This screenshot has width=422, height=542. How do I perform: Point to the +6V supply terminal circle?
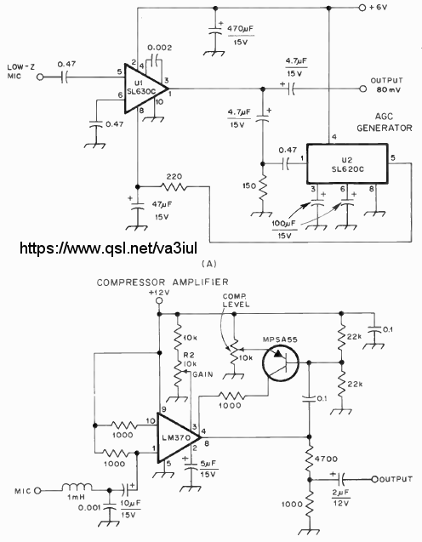pos(362,8)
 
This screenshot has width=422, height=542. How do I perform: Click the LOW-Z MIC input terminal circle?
pos(41,77)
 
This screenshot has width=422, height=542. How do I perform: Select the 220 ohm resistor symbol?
pos(174,187)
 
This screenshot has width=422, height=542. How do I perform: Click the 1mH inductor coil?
pos(77,488)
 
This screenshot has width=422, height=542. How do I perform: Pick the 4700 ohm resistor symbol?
pos(310,458)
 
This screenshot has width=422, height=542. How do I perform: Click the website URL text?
pos(108,248)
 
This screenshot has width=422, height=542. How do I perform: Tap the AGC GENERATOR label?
pos(385,123)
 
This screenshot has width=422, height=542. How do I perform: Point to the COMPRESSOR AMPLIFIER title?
pos(163,282)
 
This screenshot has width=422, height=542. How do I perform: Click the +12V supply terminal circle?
pos(159,300)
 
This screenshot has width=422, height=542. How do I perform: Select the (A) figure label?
pos(208,264)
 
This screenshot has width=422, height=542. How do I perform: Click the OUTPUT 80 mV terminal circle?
pos(362,88)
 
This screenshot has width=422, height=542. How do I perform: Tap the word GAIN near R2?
pos(202,374)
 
